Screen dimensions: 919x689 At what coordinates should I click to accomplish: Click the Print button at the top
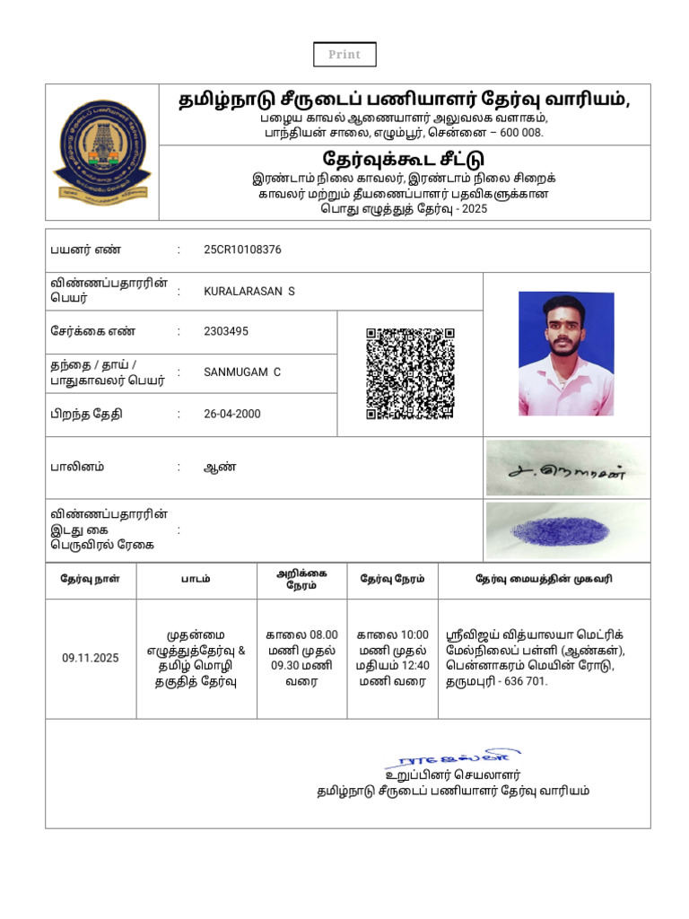tap(344, 55)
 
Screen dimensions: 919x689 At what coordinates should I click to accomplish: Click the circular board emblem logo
tap(102, 152)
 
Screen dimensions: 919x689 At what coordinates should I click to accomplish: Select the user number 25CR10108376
tap(242, 249)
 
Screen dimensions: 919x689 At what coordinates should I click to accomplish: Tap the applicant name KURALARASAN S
tap(249, 292)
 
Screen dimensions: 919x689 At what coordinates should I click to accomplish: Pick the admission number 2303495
tap(226, 331)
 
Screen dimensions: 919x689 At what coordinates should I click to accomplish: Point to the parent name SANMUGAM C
tap(242, 372)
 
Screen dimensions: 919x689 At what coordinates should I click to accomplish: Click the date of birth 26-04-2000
tap(232, 414)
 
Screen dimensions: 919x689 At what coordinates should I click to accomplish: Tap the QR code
tap(410, 373)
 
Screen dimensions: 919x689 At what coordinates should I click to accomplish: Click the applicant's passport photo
tap(566, 354)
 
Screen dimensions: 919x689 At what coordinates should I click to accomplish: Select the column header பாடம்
tap(196, 579)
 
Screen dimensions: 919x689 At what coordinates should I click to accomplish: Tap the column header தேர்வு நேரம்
tap(392, 579)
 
